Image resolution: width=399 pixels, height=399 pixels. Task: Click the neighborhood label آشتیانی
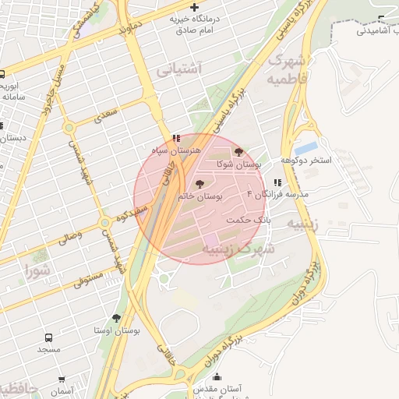pyautogui.click(x=179, y=69)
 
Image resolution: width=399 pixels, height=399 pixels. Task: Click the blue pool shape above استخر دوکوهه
pyautogui.click(x=307, y=147)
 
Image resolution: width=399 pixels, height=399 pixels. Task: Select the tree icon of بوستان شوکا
pyautogui.click(x=238, y=152)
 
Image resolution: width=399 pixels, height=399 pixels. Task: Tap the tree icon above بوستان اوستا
pyautogui.click(x=117, y=318)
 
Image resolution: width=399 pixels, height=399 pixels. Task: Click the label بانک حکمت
pyautogui.click(x=248, y=220)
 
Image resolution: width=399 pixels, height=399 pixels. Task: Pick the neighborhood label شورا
pyautogui.click(x=38, y=272)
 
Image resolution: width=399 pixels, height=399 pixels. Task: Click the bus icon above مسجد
pyautogui.click(x=49, y=338)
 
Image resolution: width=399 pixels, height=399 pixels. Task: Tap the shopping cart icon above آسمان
pyautogui.click(x=62, y=380)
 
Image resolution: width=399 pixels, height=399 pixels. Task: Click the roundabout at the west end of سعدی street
pyautogui.click(x=69, y=127)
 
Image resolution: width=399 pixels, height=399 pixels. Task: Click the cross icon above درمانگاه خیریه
pyautogui.click(x=194, y=7)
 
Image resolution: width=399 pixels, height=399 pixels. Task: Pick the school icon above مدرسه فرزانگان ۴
pyautogui.click(x=277, y=182)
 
